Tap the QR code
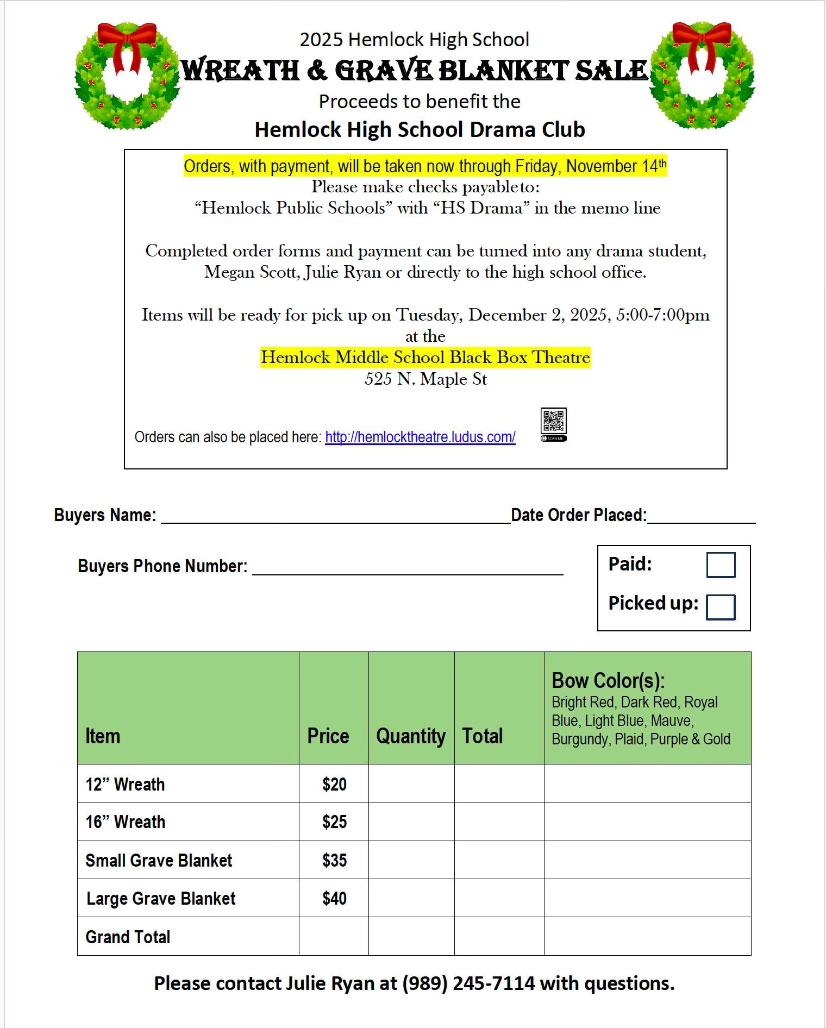(553, 421)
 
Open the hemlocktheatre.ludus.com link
(420, 437)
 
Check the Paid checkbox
(721, 565)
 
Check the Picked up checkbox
(721, 607)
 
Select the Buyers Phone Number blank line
(408, 568)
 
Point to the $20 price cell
(334, 784)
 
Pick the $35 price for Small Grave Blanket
(334, 860)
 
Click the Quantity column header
(411, 736)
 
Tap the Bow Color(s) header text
(608, 681)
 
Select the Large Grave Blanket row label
(161, 899)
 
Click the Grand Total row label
(128, 937)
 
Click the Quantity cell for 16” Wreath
(411, 822)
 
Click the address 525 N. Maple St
(425, 379)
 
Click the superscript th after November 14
(662, 162)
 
